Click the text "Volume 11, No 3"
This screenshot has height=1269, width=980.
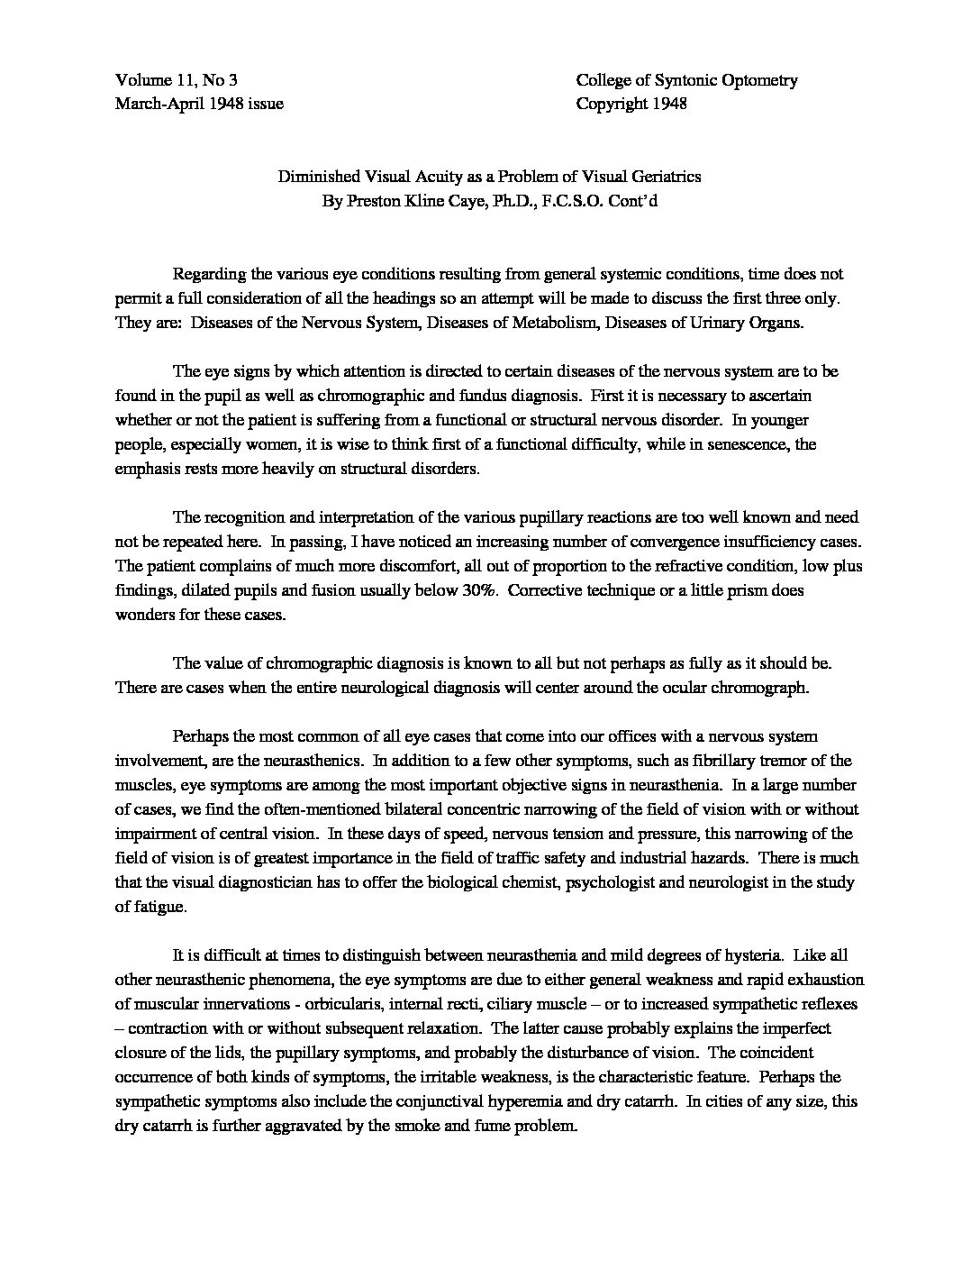(177, 80)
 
